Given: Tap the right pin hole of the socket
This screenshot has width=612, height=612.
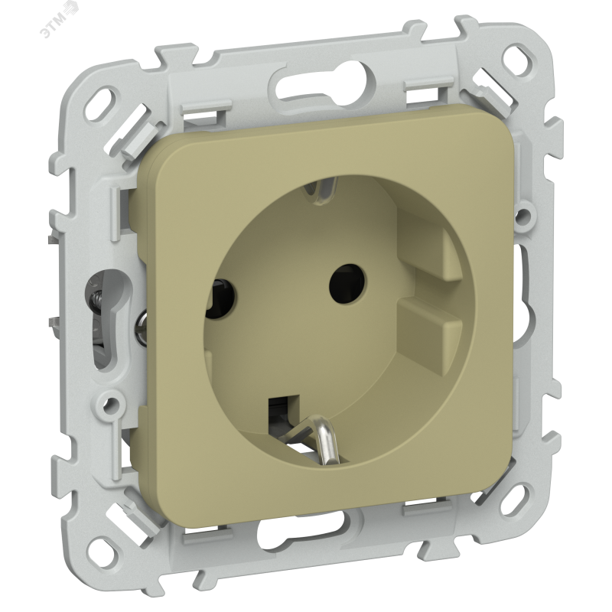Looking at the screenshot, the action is click(x=347, y=285).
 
